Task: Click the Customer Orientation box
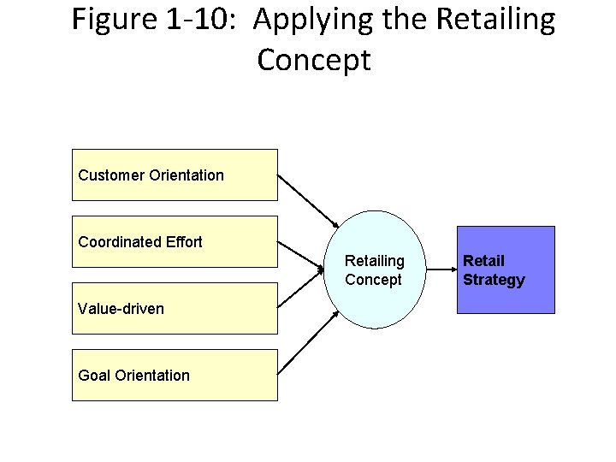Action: tap(175, 175)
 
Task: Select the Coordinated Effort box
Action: tap(175, 241)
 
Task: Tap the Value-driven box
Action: tap(175, 308)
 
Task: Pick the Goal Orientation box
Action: tap(175, 375)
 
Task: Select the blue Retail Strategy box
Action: tap(506, 269)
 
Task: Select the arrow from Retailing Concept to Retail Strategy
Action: tap(438, 269)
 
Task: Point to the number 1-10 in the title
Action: tap(198, 20)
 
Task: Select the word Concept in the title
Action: tap(313, 61)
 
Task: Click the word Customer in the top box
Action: tap(111, 175)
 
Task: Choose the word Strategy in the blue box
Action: tap(494, 280)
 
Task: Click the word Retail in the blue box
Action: tap(484, 260)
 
